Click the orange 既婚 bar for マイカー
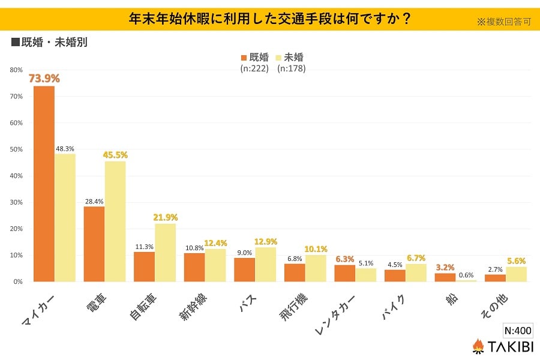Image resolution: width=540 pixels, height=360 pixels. (44, 184)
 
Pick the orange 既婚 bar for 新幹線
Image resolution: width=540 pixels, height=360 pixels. (194, 267)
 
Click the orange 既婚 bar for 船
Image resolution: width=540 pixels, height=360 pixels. (445, 277)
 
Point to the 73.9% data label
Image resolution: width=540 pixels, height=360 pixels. (44, 79)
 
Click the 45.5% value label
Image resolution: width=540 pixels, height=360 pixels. (115, 155)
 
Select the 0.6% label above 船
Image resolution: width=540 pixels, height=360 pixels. (466, 274)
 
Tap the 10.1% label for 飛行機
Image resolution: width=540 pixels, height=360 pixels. (316, 249)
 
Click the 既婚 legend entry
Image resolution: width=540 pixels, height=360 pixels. (254, 58)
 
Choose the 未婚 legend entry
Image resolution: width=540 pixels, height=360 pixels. (289, 58)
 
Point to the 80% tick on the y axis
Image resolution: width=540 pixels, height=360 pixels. (16, 70)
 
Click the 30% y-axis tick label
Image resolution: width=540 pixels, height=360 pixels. (16, 202)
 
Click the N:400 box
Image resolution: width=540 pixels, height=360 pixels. (517, 331)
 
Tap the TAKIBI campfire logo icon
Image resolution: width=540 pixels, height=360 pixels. (478, 346)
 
